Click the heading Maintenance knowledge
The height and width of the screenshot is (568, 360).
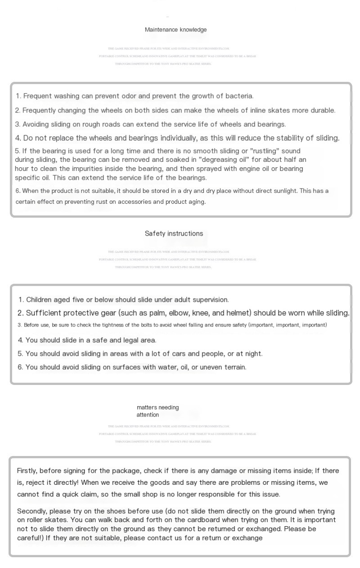click(175, 30)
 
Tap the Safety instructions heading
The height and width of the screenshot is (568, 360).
click(174, 233)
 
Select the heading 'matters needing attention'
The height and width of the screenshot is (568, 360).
click(157, 411)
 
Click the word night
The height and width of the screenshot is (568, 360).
click(253, 353)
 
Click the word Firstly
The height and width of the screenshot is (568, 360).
click(27, 471)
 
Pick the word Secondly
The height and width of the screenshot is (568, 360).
click(32, 511)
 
